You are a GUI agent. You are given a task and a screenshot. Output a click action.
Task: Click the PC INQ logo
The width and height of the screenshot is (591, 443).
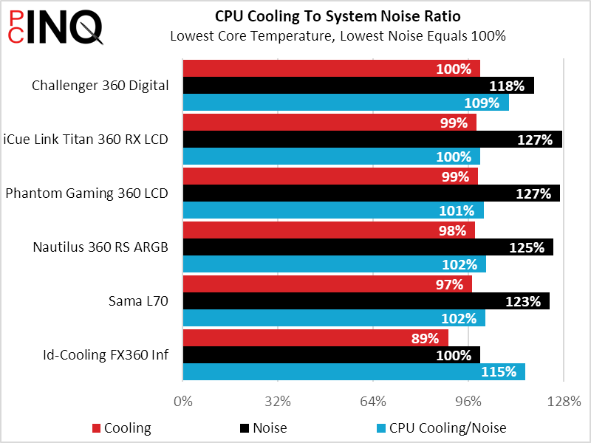(x=55, y=27)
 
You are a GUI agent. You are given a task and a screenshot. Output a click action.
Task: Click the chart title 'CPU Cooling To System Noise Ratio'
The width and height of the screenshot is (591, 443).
(x=338, y=16)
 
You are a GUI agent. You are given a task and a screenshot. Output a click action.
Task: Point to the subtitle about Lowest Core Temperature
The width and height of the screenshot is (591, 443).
(x=338, y=36)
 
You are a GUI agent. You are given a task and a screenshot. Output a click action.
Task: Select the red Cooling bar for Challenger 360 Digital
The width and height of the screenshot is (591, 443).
(x=331, y=68)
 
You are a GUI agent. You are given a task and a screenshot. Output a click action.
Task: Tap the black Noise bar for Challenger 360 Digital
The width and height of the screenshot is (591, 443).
(x=358, y=85)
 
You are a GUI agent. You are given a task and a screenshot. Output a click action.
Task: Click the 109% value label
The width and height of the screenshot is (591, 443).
(x=482, y=103)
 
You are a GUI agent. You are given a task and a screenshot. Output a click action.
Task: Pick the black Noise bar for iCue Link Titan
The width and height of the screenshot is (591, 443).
(x=372, y=139)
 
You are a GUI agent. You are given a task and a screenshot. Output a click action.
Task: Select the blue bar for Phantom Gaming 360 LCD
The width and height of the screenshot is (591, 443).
(x=333, y=210)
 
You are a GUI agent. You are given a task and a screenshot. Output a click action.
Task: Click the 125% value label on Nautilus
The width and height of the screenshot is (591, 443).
(x=527, y=247)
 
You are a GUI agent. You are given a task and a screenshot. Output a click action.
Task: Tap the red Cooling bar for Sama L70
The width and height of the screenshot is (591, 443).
(x=327, y=284)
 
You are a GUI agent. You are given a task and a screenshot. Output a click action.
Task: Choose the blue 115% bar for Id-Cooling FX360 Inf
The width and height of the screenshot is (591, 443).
(x=354, y=372)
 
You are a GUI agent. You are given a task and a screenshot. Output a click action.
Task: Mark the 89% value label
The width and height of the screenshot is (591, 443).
(x=425, y=338)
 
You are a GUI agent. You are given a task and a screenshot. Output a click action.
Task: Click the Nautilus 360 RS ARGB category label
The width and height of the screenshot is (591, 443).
(x=100, y=247)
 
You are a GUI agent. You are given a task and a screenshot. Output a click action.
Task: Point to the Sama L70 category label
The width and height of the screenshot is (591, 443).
(x=138, y=301)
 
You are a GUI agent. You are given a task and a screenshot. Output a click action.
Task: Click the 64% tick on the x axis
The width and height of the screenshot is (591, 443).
(x=373, y=402)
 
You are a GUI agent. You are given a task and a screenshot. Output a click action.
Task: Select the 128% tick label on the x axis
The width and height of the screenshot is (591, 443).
(x=564, y=402)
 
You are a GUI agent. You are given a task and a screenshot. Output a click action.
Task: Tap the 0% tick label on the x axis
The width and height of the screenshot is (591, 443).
(x=183, y=402)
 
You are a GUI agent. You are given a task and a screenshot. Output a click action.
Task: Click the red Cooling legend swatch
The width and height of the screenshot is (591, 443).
(x=97, y=428)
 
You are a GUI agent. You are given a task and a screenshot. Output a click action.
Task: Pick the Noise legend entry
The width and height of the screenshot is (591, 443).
(x=264, y=428)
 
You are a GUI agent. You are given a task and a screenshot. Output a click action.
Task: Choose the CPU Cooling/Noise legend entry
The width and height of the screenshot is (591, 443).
(x=441, y=428)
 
